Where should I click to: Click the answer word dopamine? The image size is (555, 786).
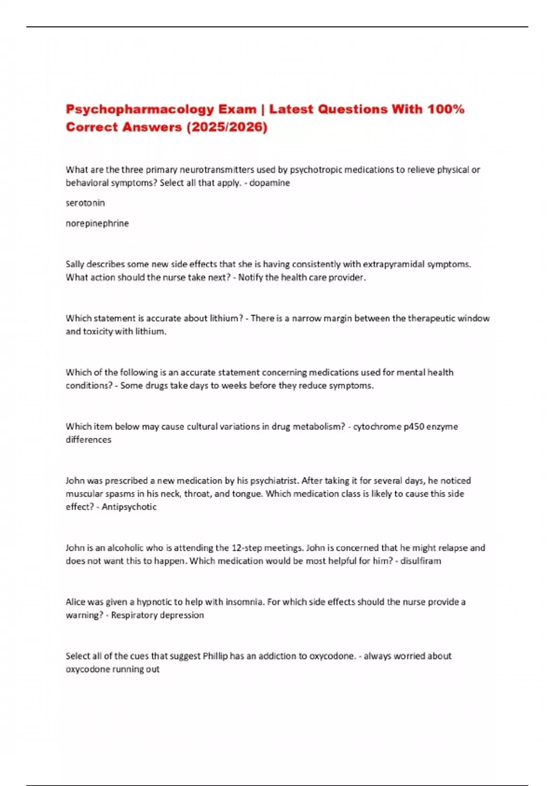(270, 183)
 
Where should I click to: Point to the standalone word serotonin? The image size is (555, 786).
(85, 203)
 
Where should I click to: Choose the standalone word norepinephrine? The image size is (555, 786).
(97, 223)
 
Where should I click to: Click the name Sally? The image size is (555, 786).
(75, 264)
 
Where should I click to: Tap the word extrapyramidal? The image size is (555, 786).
(393, 264)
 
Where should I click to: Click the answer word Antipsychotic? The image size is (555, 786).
(129, 507)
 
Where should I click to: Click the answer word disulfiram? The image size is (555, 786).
(420, 561)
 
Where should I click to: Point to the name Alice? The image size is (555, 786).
(75, 602)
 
